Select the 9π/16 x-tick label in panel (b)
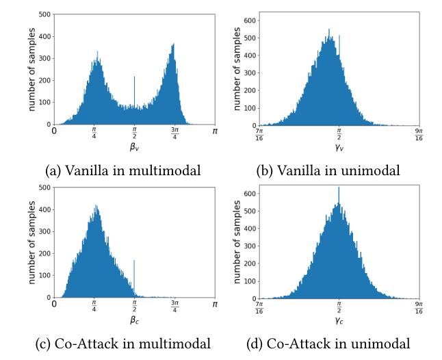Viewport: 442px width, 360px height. tap(418, 135)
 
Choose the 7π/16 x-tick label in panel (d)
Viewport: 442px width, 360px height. tap(259, 307)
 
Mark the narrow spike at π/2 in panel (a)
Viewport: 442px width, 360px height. tap(134, 96)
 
